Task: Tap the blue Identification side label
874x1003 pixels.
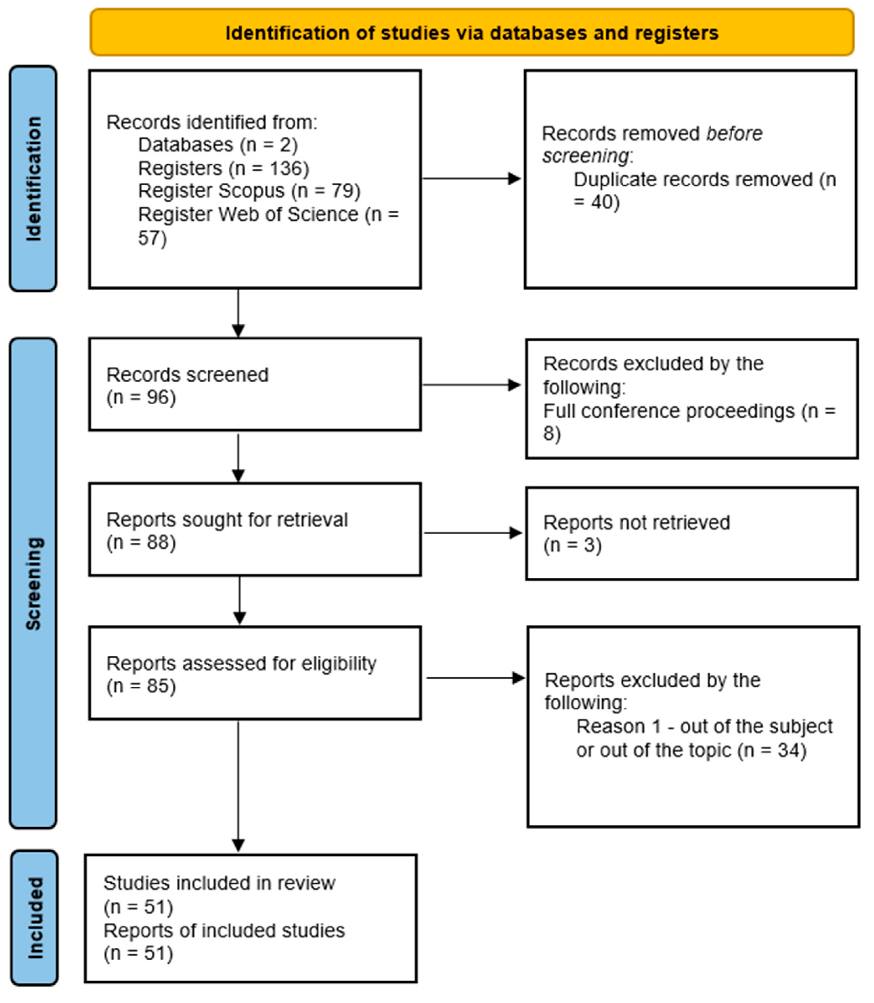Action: [33, 179]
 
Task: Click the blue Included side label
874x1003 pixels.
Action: [34, 918]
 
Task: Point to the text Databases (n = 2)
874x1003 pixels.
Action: [218, 145]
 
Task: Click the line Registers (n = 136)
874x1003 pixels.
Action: [223, 168]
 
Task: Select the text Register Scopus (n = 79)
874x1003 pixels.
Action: [249, 191]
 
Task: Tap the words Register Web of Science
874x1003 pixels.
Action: [248, 214]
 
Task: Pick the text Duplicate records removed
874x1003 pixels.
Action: [692, 180]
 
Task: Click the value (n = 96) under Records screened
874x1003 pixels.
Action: [141, 397]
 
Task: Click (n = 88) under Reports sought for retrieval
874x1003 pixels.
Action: [141, 542]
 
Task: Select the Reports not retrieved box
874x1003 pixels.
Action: [691, 534]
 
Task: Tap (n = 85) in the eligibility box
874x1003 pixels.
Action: [141, 686]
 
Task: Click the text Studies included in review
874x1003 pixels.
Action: [219, 883]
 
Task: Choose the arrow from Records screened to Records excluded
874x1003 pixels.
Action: [471, 385]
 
